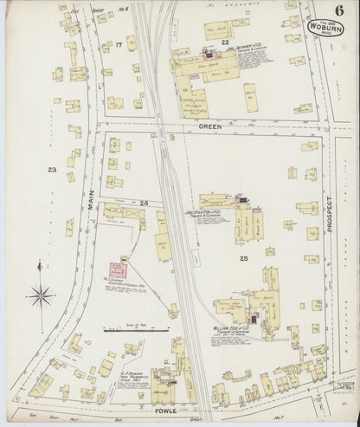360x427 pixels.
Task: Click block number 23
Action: (52, 170)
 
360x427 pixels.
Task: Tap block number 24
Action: (144, 204)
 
